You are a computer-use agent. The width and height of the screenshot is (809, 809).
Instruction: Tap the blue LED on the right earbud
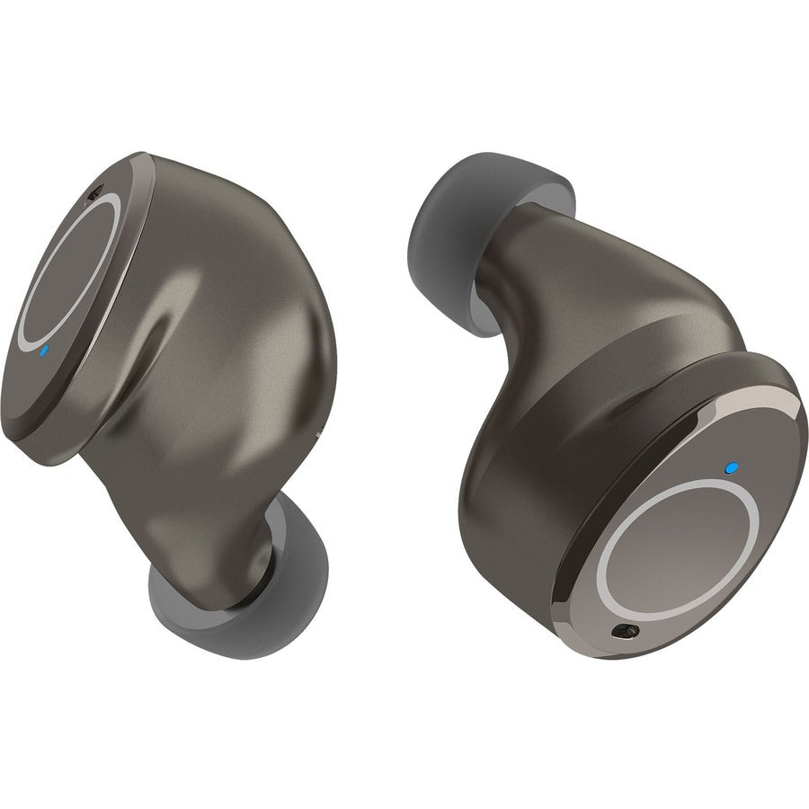pos(731,467)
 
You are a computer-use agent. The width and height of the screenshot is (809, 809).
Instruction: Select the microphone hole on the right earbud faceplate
pos(619,633)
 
